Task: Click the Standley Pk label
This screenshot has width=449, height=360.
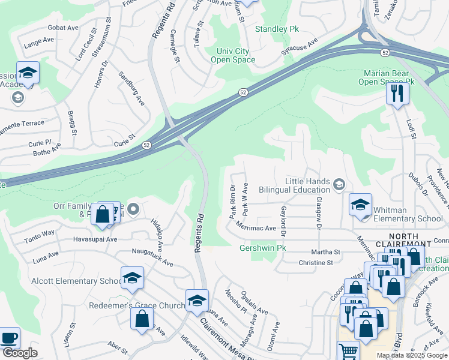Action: tap(277, 29)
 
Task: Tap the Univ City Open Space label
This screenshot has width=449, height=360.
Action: tap(233, 55)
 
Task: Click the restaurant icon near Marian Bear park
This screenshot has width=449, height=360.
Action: tap(397, 94)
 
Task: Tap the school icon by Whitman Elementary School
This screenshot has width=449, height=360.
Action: tap(360, 205)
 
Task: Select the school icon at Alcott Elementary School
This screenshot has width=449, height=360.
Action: tap(132, 278)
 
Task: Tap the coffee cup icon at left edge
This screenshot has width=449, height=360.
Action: tap(8, 338)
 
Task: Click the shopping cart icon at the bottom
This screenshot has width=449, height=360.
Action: tap(348, 350)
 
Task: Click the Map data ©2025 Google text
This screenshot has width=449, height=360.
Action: tap(412, 355)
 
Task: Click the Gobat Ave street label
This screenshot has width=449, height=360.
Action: tap(59, 28)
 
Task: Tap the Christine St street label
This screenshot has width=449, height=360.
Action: tap(315, 263)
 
